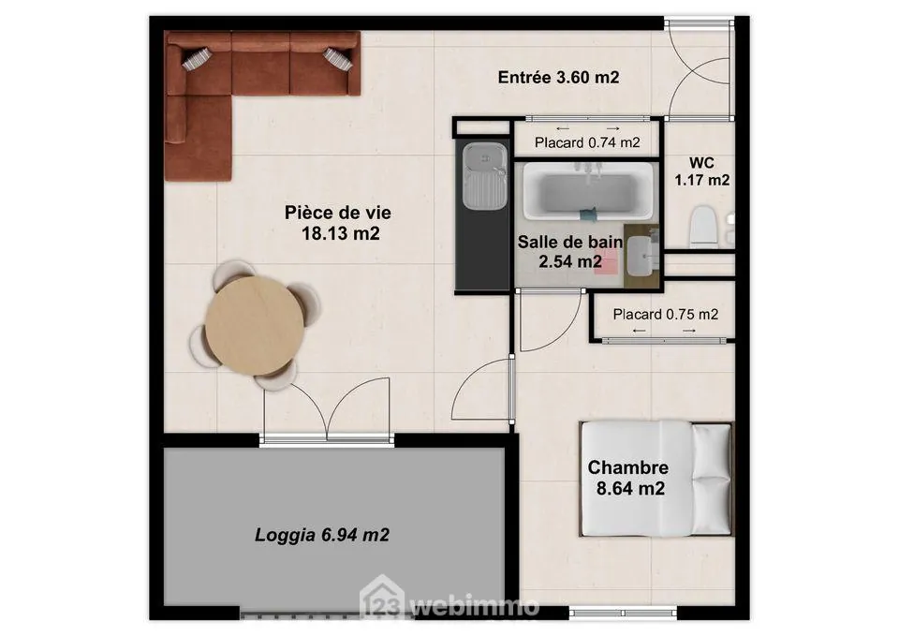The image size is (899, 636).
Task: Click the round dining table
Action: pyautogui.click(x=254, y=324)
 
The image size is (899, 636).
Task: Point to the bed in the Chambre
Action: pyautogui.click(x=656, y=478)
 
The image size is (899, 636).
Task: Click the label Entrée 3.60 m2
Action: pyautogui.click(x=558, y=78)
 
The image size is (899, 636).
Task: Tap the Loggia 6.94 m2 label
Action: pyautogui.click(x=322, y=536)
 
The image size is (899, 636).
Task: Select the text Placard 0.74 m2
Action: pyautogui.click(x=587, y=143)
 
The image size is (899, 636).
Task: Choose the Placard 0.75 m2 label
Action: pyautogui.click(x=666, y=315)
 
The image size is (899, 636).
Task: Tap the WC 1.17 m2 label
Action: pyautogui.click(x=701, y=170)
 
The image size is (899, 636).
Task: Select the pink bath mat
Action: pyautogui.click(x=608, y=261)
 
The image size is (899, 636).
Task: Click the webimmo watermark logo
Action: pyautogui.click(x=449, y=605)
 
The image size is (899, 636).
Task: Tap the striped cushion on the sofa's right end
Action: pyautogui.click(x=337, y=58)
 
